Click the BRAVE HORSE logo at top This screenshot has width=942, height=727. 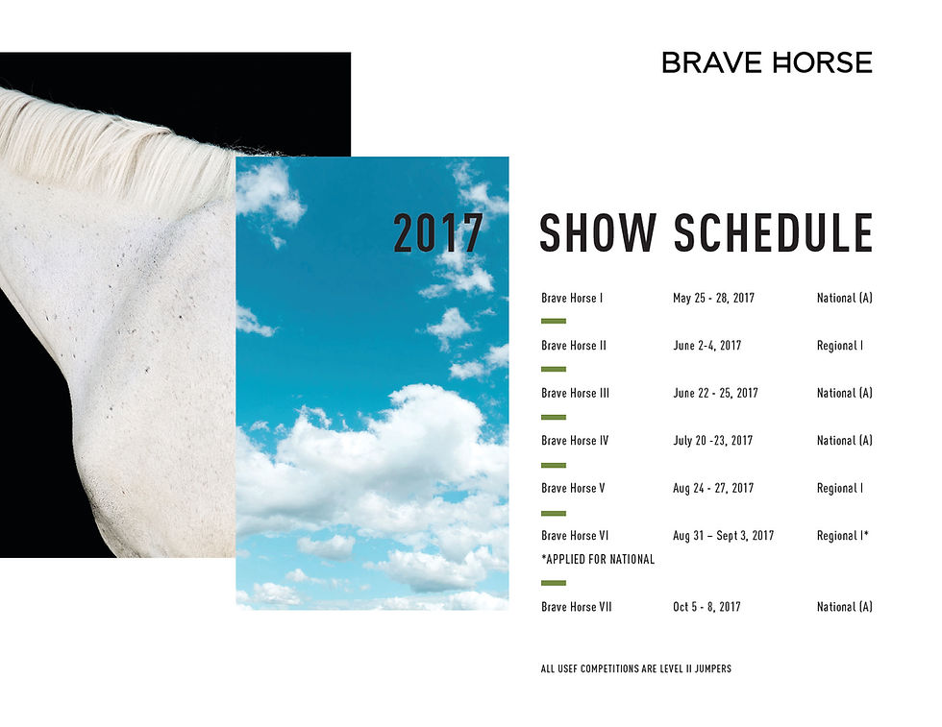tap(767, 62)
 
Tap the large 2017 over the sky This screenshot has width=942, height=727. tap(438, 233)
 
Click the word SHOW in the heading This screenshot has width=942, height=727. tap(597, 233)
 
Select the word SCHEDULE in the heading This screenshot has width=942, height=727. tap(773, 233)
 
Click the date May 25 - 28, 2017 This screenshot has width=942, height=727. tap(713, 299)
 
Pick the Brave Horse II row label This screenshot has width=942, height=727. tap(574, 346)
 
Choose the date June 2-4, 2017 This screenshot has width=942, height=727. tap(707, 346)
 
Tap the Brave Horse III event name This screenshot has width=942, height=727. tap(575, 393)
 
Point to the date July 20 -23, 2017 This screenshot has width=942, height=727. tap(712, 441)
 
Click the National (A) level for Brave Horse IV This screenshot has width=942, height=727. tap(844, 441)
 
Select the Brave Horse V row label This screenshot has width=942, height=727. tap(573, 488)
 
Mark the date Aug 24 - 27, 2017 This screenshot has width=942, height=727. tap(713, 488)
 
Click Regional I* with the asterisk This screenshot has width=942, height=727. tap(842, 536)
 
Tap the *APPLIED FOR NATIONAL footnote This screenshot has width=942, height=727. tap(598, 560)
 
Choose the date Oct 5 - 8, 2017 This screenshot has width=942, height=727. tap(706, 607)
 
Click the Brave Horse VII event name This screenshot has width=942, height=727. tap(576, 607)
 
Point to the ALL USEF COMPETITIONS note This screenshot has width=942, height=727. tap(635, 668)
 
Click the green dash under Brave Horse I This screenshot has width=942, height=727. tap(554, 321)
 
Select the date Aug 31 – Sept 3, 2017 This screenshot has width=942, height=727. tap(723, 536)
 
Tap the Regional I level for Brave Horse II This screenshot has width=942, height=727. tap(839, 346)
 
